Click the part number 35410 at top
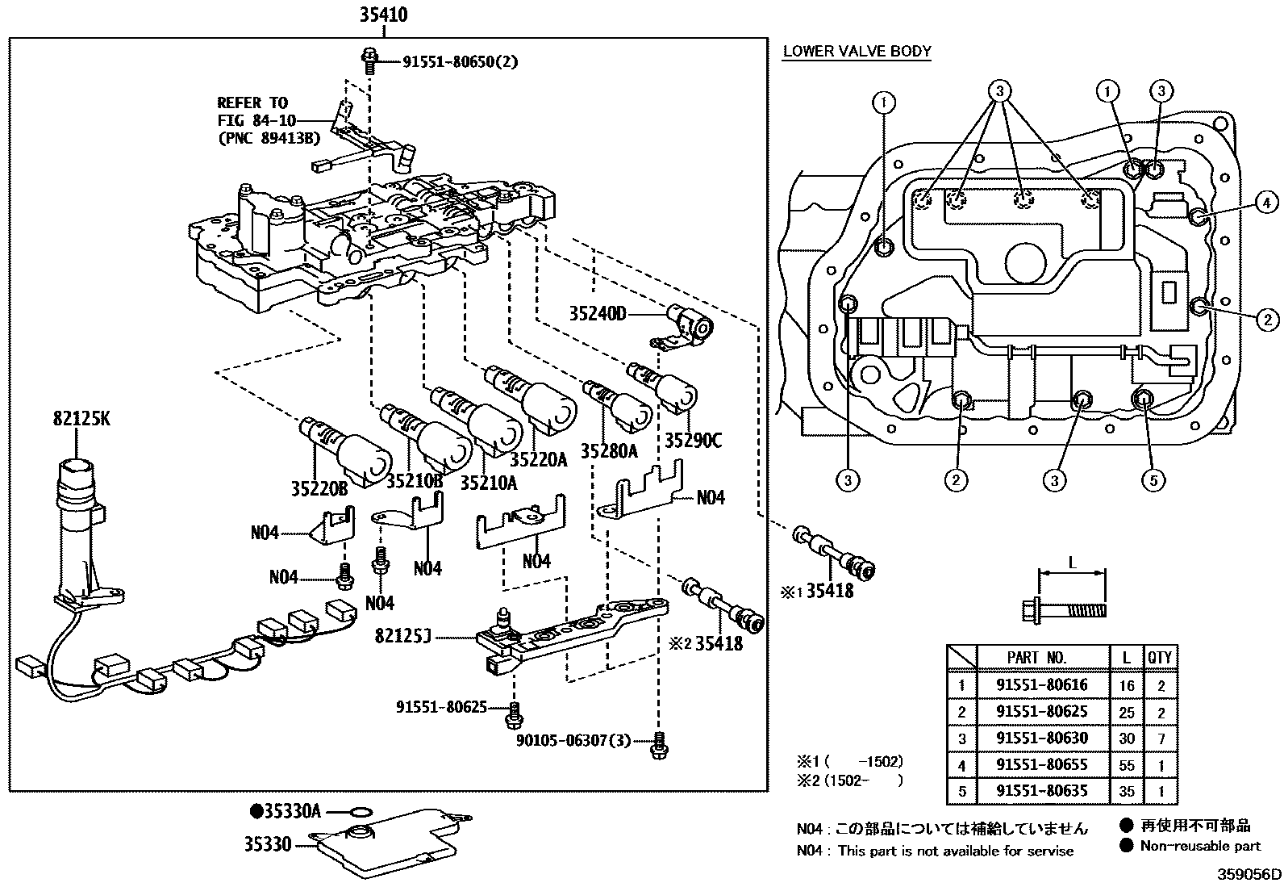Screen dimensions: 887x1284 [x=383, y=15]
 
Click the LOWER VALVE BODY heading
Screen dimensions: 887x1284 [x=857, y=52]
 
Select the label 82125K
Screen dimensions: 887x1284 [x=81, y=419]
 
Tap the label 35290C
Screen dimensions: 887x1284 [x=693, y=440]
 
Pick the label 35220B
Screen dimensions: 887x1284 [x=319, y=488]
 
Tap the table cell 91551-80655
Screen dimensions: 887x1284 [x=1041, y=764]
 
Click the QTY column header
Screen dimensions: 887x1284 [x=1159, y=658]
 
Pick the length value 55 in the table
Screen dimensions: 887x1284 [x=1126, y=765]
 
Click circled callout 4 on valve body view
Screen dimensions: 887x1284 [x=1266, y=203]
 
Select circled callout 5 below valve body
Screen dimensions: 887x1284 [x=1153, y=481]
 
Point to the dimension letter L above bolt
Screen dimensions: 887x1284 [x=1072, y=563]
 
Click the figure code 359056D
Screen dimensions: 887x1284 [x=1249, y=875]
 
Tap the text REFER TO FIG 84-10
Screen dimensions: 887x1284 [x=252, y=111]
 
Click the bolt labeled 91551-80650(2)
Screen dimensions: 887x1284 [x=369, y=56]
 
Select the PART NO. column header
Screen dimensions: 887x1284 [x=1036, y=658]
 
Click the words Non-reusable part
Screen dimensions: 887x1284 [x=1199, y=846]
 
